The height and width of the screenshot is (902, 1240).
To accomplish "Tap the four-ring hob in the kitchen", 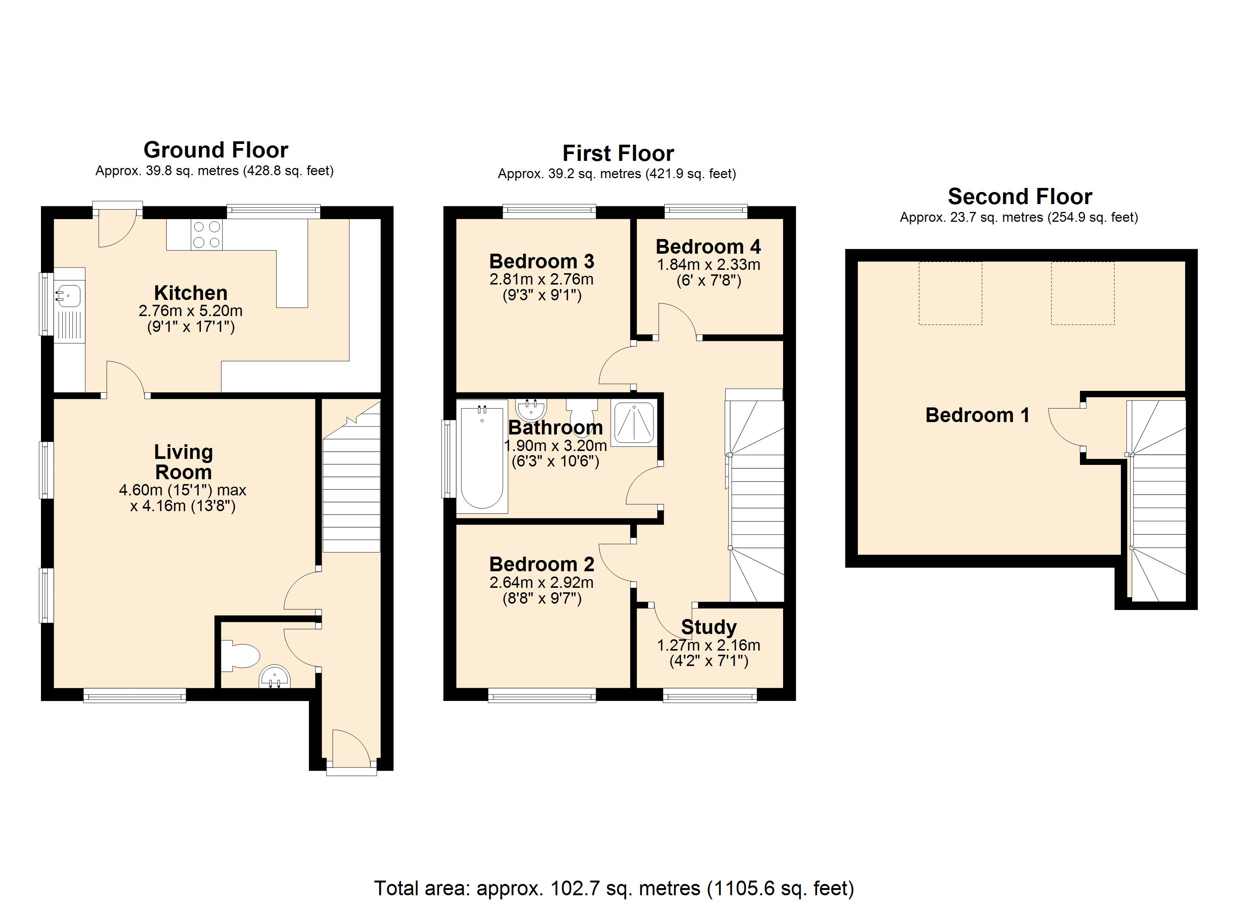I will click(207, 234).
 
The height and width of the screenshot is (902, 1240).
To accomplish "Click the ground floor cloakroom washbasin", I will click(275, 677).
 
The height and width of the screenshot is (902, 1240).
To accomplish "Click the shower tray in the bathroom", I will click(634, 423).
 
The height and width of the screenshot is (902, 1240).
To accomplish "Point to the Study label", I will click(709, 627).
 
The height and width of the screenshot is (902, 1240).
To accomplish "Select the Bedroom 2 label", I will click(541, 564).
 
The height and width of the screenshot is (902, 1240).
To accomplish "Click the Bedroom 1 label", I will click(977, 415).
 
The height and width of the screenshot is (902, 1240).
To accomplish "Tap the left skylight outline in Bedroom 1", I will click(950, 293).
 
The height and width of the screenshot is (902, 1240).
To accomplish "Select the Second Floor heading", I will click(1020, 196).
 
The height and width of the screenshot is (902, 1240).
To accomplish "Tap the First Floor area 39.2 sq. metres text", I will click(617, 174).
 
